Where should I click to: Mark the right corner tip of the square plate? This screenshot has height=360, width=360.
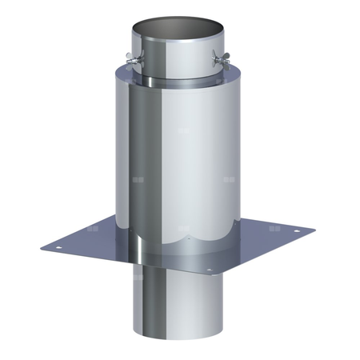pos(314,232)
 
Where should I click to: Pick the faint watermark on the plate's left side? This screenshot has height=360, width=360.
pos(94,228)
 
